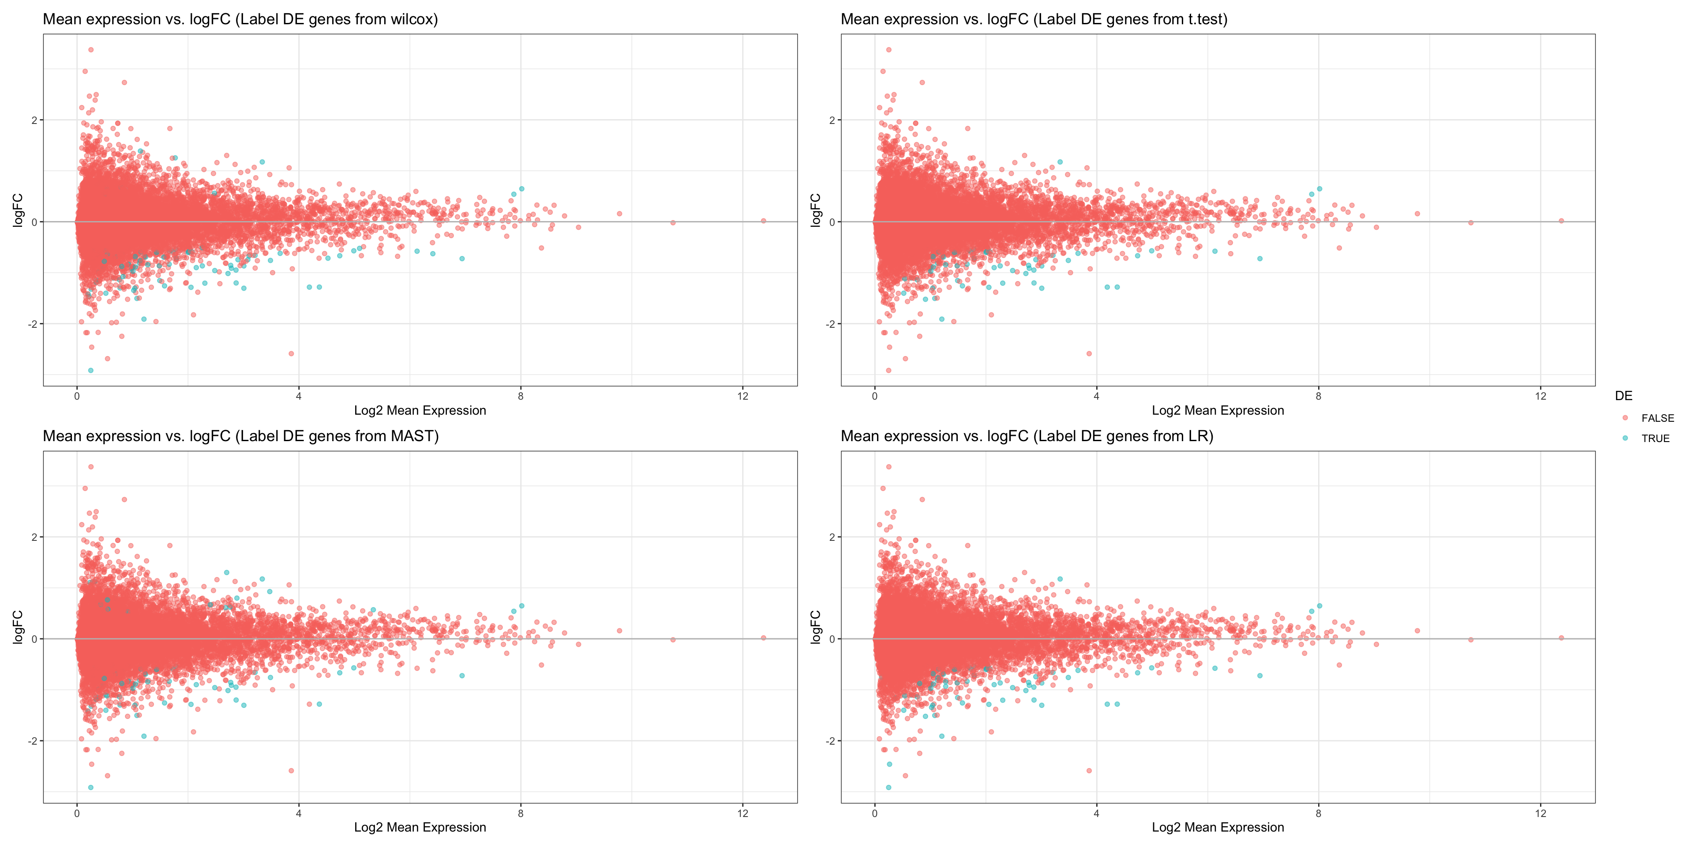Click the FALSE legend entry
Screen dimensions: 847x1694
tap(1657, 418)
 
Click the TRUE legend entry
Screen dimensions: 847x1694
tap(1655, 438)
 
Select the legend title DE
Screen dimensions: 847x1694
tap(1623, 396)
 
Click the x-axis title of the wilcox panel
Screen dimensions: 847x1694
tap(420, 410)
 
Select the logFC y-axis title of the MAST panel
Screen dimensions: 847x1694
tap(18, 627)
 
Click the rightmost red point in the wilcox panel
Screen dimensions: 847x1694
tap(764, 221)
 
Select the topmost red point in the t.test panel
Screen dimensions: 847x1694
tap(888, 50)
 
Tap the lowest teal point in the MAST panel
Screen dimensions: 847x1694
tap(91, 787)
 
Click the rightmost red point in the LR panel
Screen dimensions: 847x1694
tap(1561, 638)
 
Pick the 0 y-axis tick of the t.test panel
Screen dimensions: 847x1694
tap(832, 222)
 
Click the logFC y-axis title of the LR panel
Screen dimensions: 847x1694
tap(815, 627)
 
